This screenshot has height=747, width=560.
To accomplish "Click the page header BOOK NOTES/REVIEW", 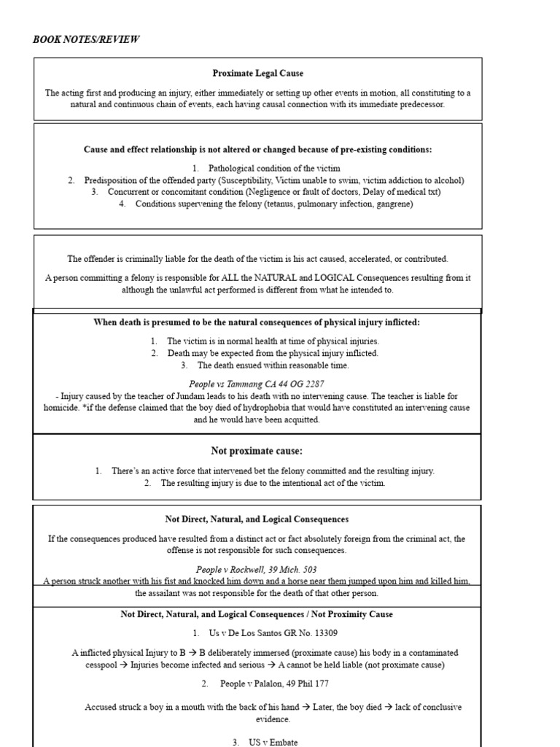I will point(85,39).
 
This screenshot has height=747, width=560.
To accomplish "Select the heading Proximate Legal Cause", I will point(257,74).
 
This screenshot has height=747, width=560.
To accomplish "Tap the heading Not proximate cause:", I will point(257,450).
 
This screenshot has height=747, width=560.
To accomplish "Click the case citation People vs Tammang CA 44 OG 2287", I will point(257,384).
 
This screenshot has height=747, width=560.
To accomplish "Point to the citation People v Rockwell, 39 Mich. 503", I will point(257,569).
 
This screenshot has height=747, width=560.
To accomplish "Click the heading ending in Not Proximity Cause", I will point(257,614).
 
